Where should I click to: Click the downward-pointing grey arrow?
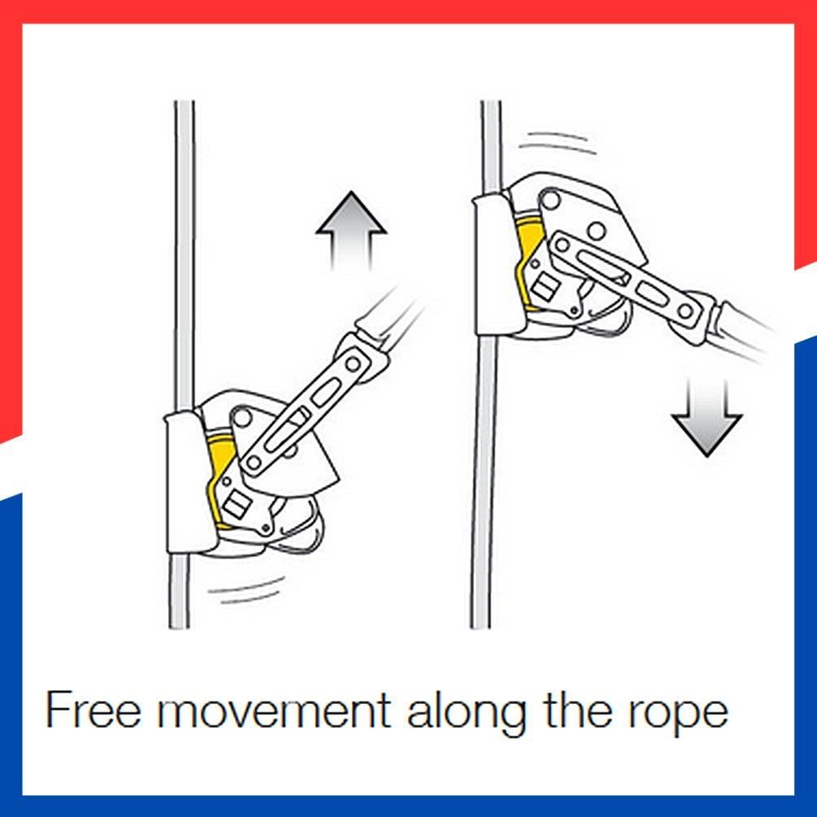[706, 417]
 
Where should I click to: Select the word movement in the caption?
[274, 710]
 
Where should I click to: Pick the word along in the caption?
[466, 712]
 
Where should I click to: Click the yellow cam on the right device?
[526, 250]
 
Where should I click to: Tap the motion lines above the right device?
[558, 143]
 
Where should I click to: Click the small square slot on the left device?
[236, 505]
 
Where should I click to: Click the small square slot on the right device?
[544, 288]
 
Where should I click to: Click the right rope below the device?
[482, 482]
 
